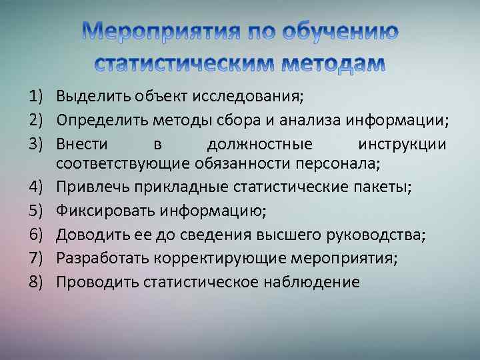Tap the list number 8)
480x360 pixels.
point(36,282)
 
